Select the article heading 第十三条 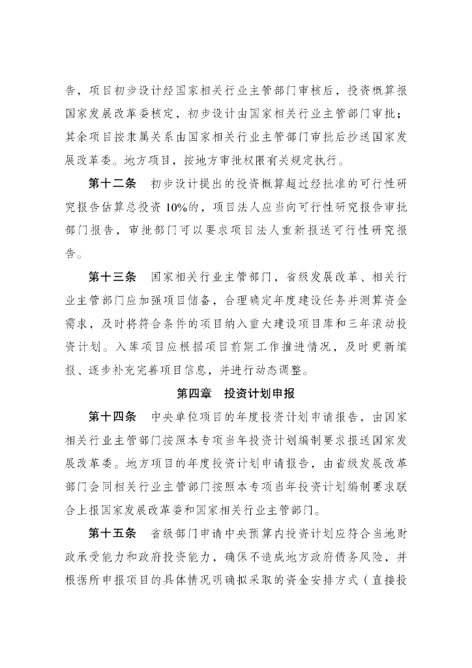112,277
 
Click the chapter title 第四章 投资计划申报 236,394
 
